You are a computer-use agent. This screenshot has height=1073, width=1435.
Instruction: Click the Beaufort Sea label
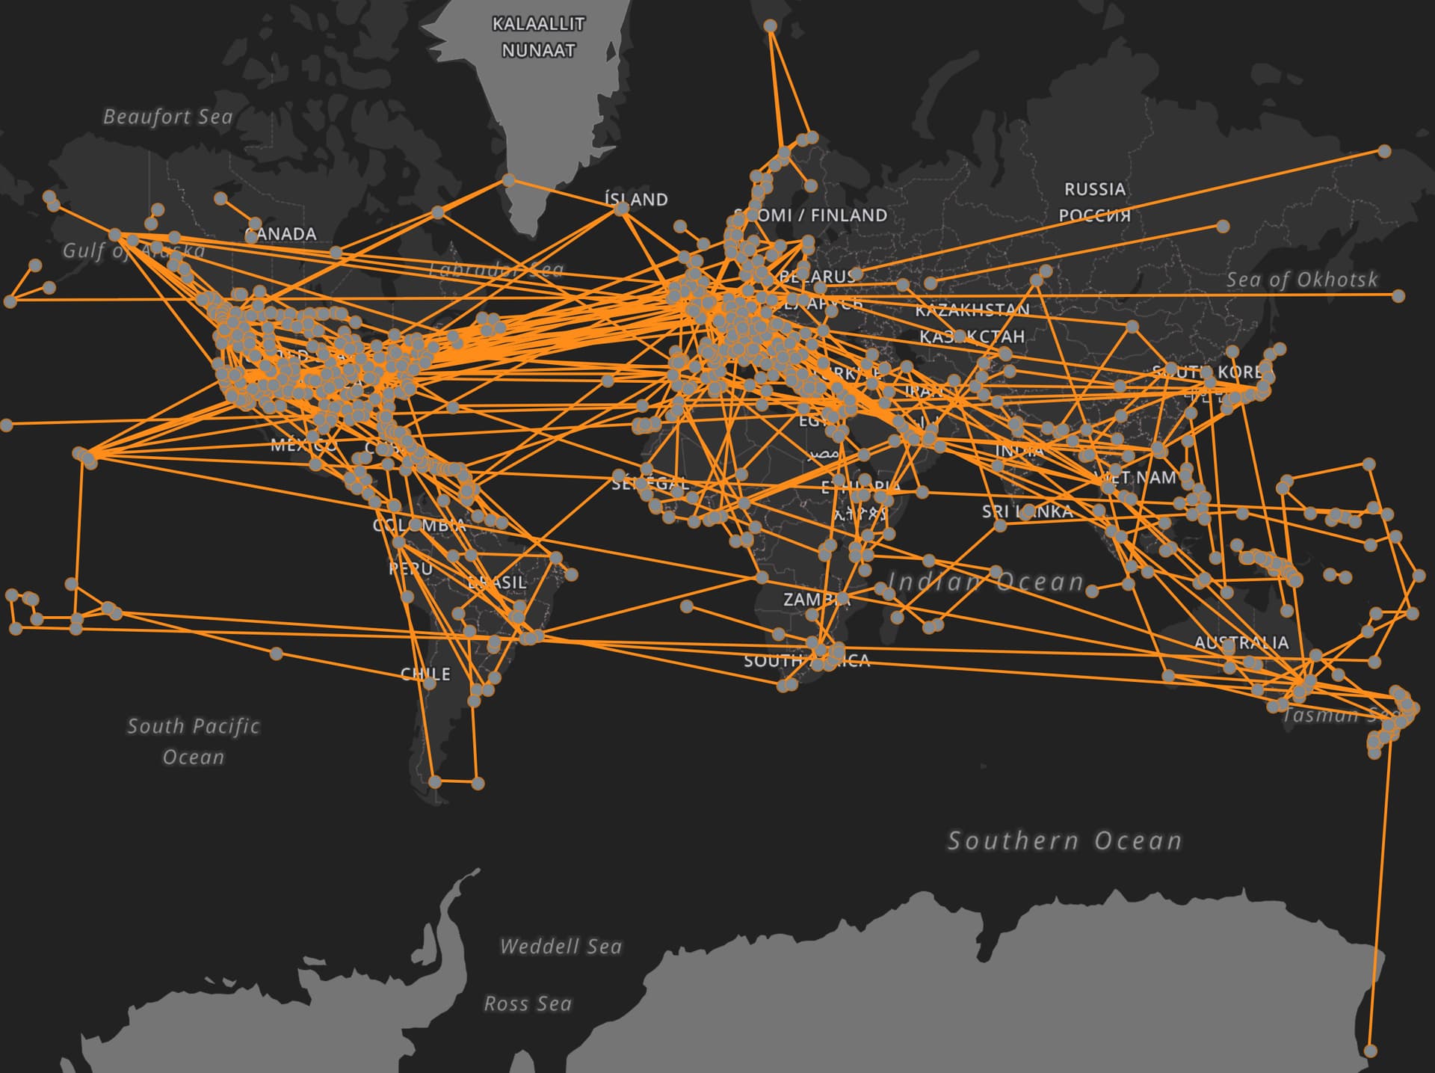(x=167, y=117)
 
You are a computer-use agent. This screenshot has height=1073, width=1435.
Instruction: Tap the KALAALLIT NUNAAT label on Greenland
(x=538, y=37)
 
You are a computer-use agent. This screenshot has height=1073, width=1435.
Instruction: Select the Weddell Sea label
(x=561, y=947)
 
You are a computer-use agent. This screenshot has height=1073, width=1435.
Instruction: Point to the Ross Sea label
(x=528, y=1003)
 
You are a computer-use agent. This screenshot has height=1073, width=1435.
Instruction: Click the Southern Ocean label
(x=1064, y=841)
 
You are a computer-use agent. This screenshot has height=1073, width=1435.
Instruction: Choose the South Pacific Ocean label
(x=194, y=741)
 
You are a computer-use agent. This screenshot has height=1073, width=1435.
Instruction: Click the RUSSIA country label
(x=1095, y=189)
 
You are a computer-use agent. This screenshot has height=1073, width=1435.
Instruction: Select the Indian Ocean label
(x=987, y=582)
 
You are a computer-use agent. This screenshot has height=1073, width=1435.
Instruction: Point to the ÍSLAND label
(x=636, y=200)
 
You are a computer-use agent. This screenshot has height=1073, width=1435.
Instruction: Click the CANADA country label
(x=281, y=234)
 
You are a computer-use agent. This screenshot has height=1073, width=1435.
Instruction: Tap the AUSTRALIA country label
(x=1241, y=642)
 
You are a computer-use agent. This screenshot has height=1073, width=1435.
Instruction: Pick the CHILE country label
(x=425, y=674)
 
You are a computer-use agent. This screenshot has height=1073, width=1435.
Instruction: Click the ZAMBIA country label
(x=816, y=600)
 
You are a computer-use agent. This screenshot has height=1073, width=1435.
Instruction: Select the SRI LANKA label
(x=1027, y=511)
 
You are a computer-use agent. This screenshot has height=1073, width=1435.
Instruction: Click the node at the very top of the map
(x=770, y=26)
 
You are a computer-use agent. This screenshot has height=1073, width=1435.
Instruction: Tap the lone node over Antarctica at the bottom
(x=1370, y=1051)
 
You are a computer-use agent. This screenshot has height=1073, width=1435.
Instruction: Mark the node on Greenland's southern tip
(x=508, y=180)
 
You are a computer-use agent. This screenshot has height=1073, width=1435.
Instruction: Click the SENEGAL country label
(x=649, y=484)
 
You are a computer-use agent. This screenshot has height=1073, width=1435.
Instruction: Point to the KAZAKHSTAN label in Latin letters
(x=972, y=310)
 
